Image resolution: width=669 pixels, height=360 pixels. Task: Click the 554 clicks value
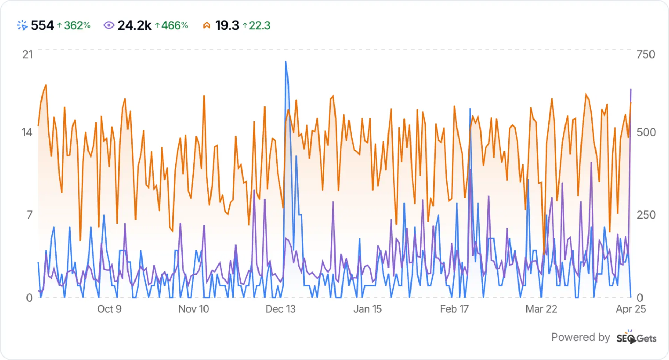click(x=42, y=25)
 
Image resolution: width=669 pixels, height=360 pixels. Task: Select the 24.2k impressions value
click(x=134, y=25)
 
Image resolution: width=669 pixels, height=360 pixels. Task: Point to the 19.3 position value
click(x=227, y=25)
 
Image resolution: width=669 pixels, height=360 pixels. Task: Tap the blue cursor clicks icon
click(x=22, y=25)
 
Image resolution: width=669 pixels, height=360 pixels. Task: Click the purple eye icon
click(x=109, y=25)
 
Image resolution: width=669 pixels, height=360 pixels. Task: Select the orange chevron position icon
click(x=207, y=25)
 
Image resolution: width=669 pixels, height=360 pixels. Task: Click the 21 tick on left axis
click(x=28, y=54)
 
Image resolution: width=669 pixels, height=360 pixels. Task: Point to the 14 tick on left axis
click(x=27, y=132)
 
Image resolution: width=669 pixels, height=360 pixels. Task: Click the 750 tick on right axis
click(x=646, y=54)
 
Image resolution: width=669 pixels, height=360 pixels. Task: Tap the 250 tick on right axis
click(x=646, y=215)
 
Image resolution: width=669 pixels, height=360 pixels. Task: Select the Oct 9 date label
click(x=109, y=309)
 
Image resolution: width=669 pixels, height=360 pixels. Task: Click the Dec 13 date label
click(x=280, y=309)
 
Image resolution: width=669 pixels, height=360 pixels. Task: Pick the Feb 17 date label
click(x=454, y=309)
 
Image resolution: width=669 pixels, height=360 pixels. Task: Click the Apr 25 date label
click(x=631, y=309)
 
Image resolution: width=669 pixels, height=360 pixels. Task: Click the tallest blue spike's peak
click(x=286, y=62)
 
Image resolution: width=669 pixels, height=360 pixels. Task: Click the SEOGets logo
click(x=636, y=338)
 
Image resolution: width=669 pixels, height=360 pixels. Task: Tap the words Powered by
click(x=580, y=337)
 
